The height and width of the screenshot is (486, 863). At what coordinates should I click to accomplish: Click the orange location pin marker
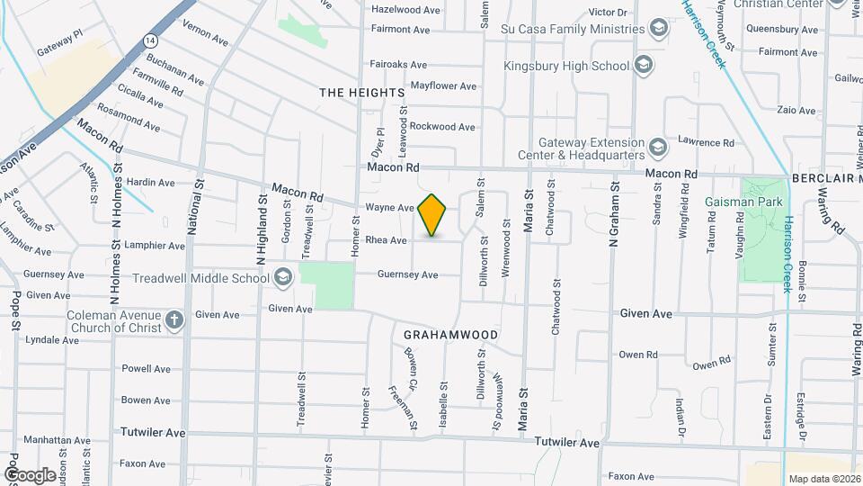432,216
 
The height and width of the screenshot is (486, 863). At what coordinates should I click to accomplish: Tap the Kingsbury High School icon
643,65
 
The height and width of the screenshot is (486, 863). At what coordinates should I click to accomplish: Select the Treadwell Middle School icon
284,277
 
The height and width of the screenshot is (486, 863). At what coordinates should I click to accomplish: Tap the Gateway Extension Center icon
658,148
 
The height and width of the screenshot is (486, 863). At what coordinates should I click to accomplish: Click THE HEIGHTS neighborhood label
362,93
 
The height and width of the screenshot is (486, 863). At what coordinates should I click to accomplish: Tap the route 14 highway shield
150,41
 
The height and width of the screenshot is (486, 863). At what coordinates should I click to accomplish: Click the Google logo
30,474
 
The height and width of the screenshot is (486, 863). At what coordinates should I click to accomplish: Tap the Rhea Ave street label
386,240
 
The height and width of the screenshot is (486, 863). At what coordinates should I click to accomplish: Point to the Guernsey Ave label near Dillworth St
407,274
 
